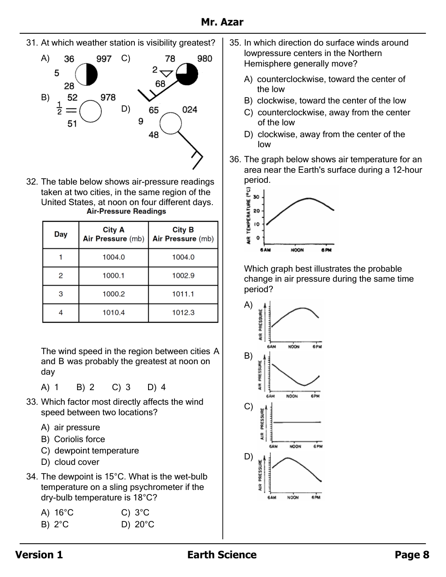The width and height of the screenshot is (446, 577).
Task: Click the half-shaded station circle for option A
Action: tap(87, 74)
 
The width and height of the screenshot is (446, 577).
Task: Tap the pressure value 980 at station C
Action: tap(205, 58)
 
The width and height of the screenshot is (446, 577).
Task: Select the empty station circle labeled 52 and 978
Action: tap(90, 112)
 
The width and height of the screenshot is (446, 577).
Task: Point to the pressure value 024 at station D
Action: tap(190, 109)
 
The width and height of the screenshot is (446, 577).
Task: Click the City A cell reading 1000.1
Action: tap(113, 276)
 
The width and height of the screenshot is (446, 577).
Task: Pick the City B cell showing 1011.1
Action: tap(183, 294)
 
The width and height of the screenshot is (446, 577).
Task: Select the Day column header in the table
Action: tap(61, 234)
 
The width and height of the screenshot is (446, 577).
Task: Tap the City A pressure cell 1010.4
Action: tap(113, 313)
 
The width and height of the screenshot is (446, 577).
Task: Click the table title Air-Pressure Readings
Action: tap(126, 211)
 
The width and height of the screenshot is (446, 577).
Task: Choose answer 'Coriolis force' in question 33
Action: tap(79, 439)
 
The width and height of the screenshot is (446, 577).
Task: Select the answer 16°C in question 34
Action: tap(64, 513)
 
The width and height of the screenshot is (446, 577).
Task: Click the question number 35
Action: tap(235, 43)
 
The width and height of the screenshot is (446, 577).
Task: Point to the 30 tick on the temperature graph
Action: tap(256, 197)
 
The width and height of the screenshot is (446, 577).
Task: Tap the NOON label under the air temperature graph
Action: tap(297, 250)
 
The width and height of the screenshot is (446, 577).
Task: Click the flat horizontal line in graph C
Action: tap(297, 422)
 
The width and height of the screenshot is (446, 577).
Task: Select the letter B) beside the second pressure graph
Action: tap(248, 356)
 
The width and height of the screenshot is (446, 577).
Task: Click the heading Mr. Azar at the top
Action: tap(222, 22)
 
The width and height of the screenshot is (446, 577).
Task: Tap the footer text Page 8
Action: tap(412, 555)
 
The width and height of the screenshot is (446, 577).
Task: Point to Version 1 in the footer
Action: tap(39, 555)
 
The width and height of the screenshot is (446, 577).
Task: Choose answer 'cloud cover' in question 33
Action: tap(77, 462)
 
